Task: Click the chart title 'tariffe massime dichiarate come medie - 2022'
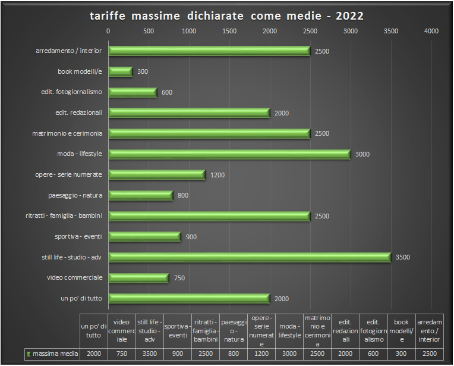click(x=226, y=15)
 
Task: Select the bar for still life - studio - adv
click(x=250, y=257)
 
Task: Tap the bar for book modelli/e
click(x=121, y=71)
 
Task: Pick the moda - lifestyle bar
click(x=229, y=154)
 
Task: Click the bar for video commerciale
click(x=138, y=278)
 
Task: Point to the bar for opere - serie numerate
click(x=157, y=174)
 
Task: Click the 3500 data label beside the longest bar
click(x=403, y=258)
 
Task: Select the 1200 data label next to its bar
click(x=217, y=175)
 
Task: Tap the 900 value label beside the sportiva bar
click(x=191, y=237)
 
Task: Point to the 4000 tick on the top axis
click(x=431, y=31)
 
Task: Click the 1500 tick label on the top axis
click(x=229, y=31)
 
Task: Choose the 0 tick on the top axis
click(x=108, y=31)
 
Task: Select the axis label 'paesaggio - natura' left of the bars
click(x=75, y=195)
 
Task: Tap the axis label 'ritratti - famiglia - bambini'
click(x=64, y=216)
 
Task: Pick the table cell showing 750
click(x=121, y=354)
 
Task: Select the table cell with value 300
click(x=402, y=354)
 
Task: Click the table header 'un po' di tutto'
click(x=93, y=331)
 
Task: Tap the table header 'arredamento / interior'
click(x=429, y=331)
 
